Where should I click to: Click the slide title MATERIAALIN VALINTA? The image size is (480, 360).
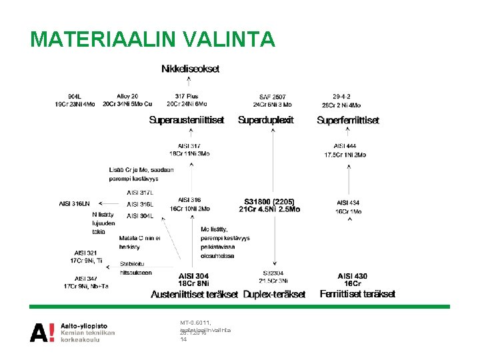152,39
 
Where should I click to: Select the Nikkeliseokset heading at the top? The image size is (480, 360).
190,69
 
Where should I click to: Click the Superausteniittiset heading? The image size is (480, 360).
187,121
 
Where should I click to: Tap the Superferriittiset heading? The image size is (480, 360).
348,121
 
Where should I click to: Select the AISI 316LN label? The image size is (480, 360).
74,203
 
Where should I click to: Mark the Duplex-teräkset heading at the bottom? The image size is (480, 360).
275,294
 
